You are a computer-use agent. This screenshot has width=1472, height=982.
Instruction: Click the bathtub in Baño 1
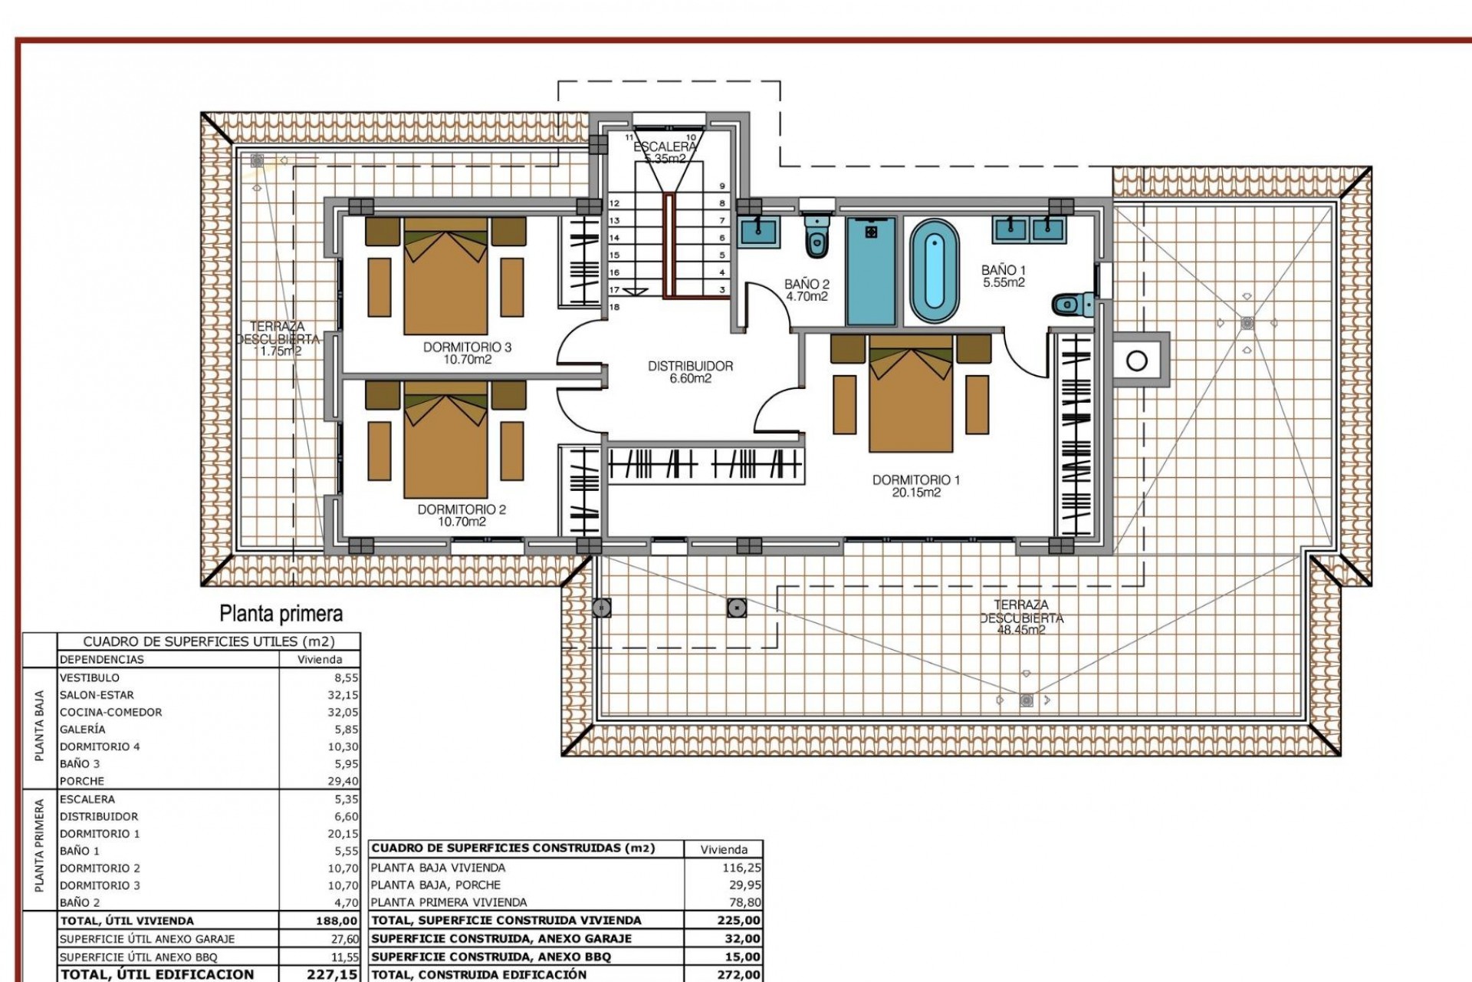coord(934,272)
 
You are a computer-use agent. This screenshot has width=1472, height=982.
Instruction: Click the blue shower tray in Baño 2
coord(870,272)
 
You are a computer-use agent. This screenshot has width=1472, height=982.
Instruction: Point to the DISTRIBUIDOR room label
coord(690,367)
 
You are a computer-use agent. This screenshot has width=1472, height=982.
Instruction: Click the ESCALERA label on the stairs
coord(665,147)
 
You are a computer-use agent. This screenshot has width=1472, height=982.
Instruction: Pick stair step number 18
coord(614,307)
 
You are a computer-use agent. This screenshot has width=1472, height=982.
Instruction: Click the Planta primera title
coord(281,614)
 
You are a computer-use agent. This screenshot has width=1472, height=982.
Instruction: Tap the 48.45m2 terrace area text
coord(1021,630)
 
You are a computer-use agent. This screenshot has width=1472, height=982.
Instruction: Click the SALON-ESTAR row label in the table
coord(97,695)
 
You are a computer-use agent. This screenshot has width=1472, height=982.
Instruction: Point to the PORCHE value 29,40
coord(343,781)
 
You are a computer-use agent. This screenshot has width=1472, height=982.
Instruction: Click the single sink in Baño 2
coord(759,231)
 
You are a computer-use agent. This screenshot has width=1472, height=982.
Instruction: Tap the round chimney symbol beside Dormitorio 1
coord(1137,360)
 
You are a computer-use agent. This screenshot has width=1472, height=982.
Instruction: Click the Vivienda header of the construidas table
coord(724,849)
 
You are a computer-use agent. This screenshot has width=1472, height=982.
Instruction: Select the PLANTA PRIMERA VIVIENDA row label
coord(449,902)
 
